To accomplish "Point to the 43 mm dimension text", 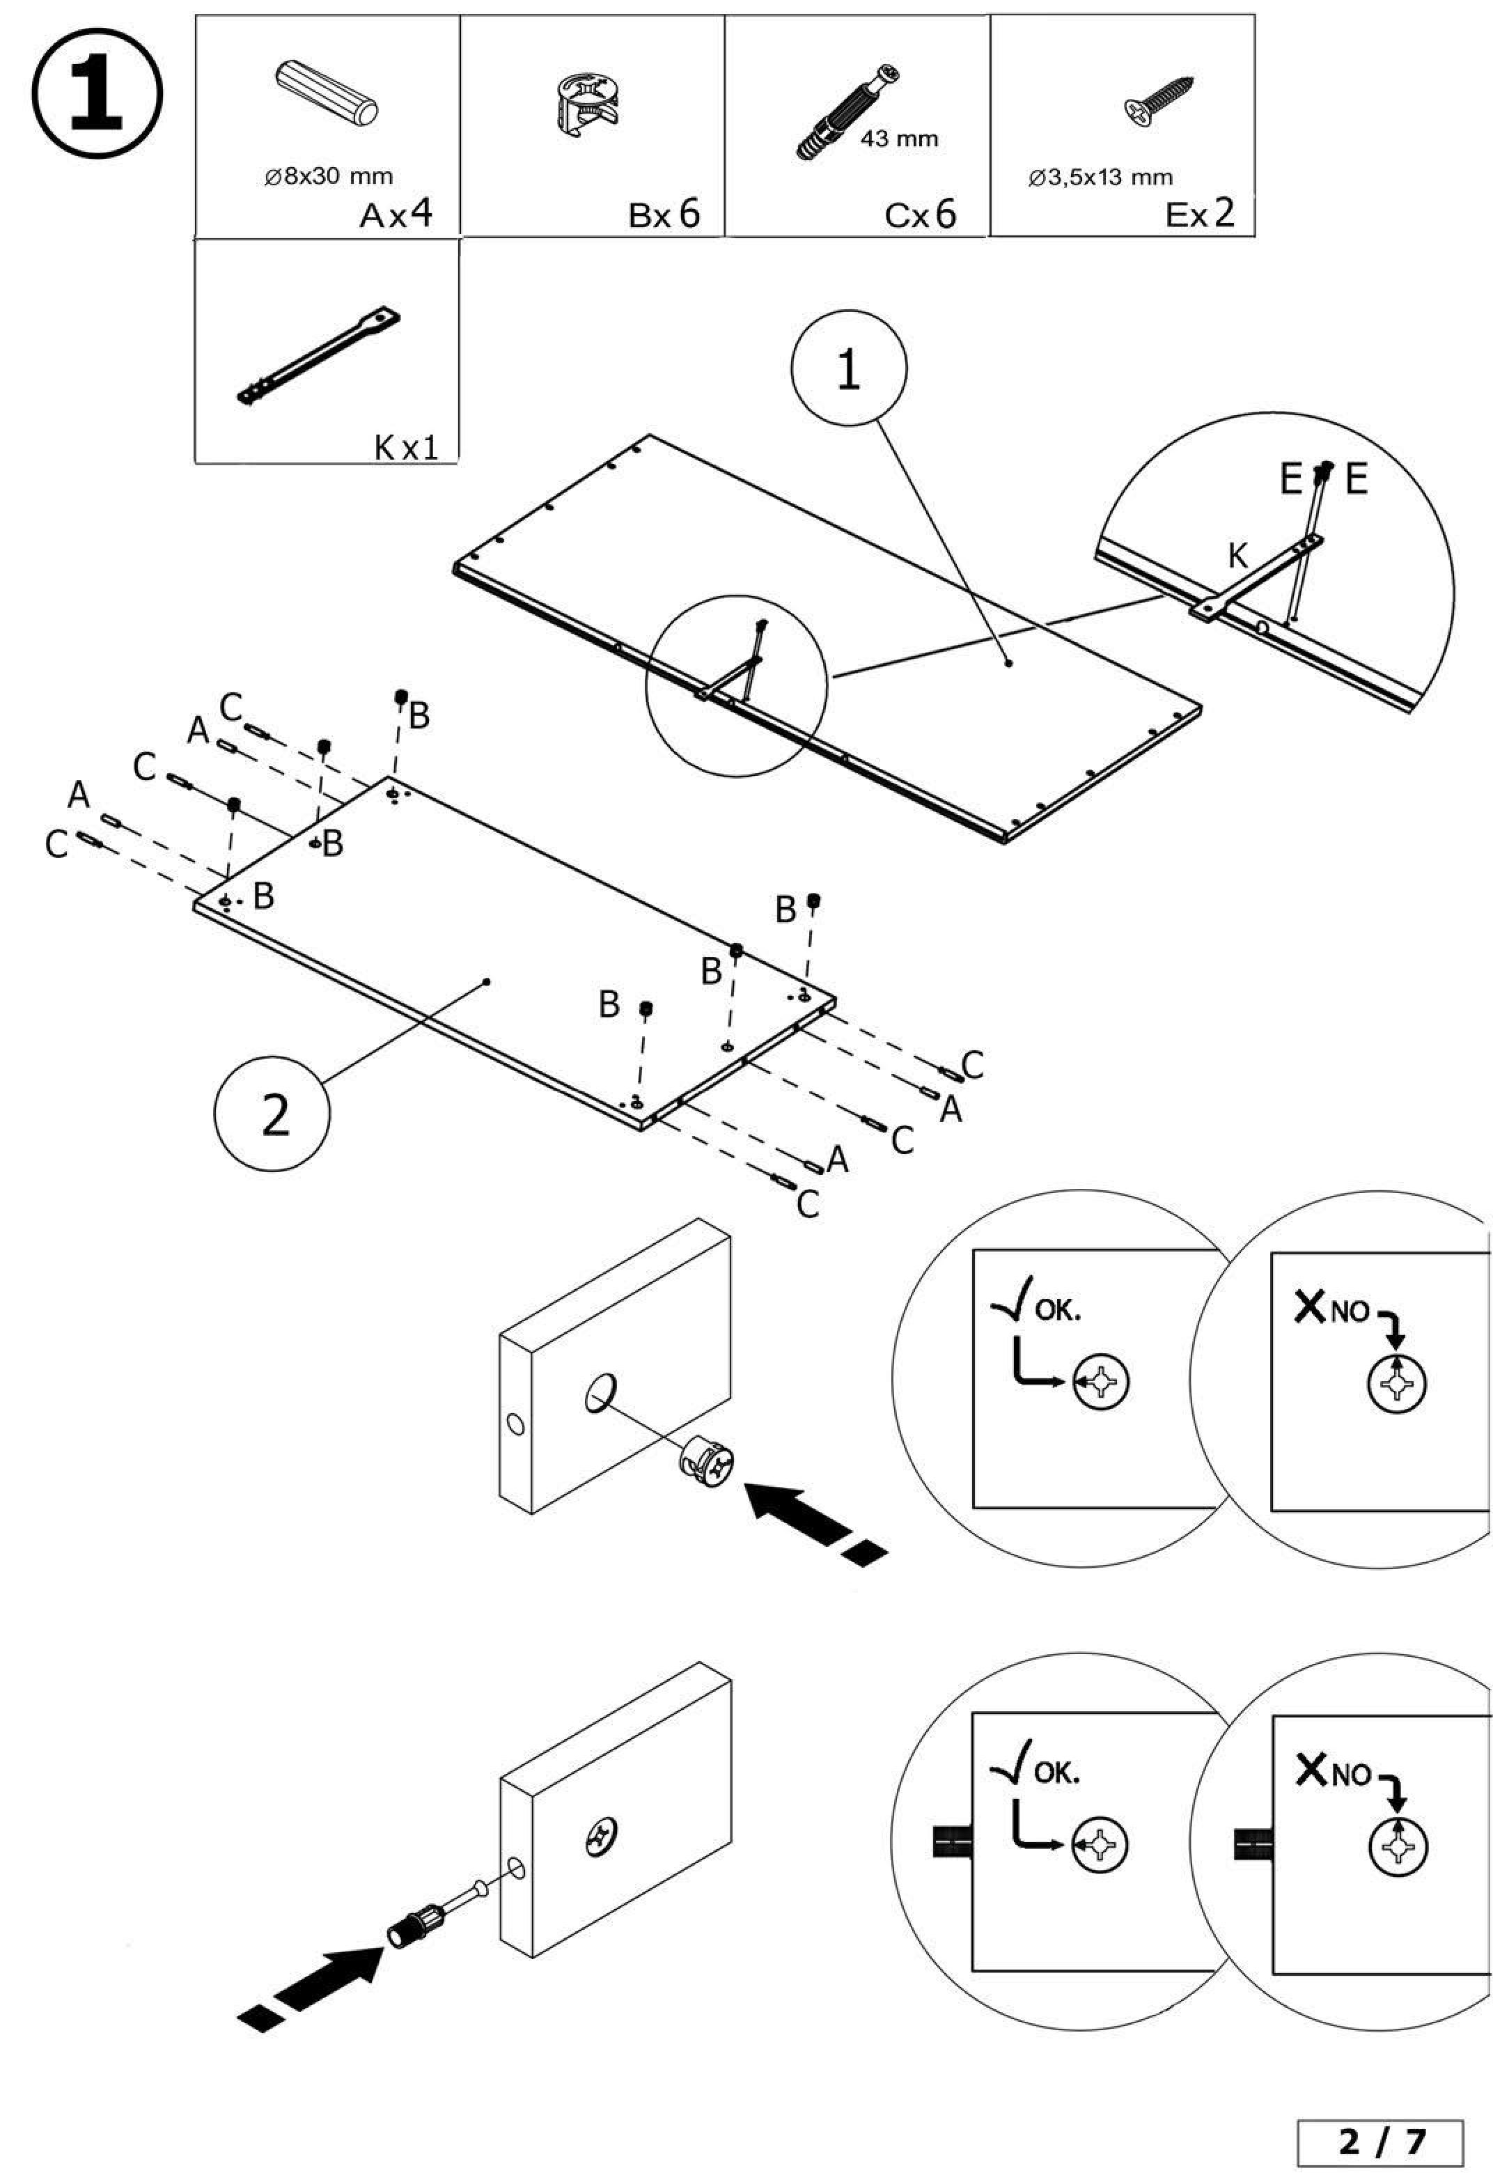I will click(x=898, y=140).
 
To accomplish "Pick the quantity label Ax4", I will click(x=396, y=214).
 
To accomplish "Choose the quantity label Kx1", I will click(x=406, y=447).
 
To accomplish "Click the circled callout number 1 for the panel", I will click(x=849, y=370).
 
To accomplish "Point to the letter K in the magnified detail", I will click(x=1237, y=556).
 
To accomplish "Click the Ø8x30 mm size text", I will click(x=329, y=176).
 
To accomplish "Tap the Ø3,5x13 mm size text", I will click(x=1100, y=176).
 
